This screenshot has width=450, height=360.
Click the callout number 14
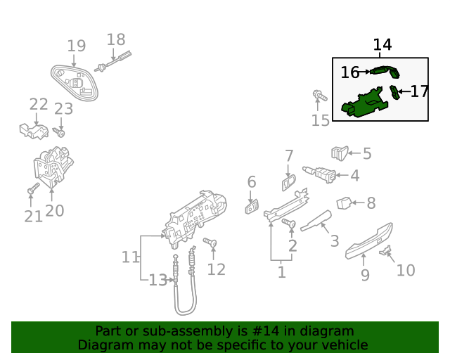click(x=382, y=45)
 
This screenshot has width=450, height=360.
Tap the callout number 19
click(x=77, y=46)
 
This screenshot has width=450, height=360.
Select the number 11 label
click(x=131, y=257)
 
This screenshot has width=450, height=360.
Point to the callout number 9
click(x=365, y=275)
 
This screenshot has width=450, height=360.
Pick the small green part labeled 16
click(x=385, y=70)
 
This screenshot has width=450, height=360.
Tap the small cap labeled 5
click(x=340, y=152)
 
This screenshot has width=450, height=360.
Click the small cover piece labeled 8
click(x=344, y=203)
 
